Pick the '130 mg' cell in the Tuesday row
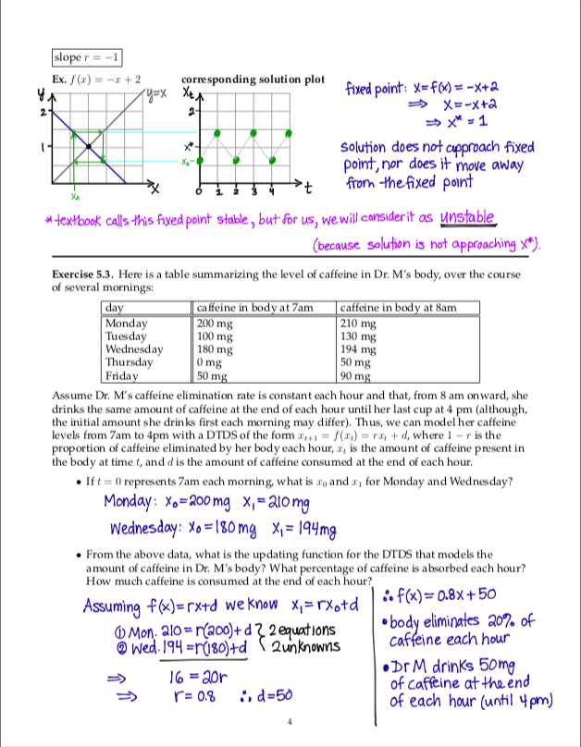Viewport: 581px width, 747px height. pos(359,337)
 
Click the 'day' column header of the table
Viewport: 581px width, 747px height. pos(116,307)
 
